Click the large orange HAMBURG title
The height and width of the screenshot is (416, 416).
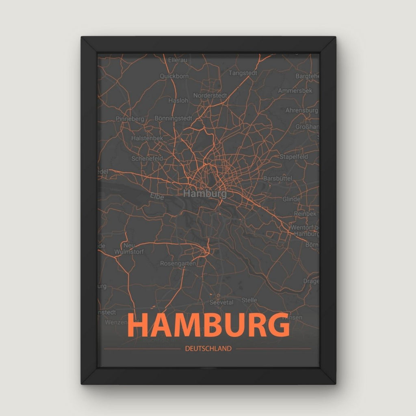[x=208, y=325]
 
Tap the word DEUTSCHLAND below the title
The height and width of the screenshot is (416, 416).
[x=208, y=349]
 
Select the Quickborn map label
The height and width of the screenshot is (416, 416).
[x=174, y=76]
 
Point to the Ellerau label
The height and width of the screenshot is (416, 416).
[x=178, y=60]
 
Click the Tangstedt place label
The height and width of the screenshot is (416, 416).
[x=243, y=73]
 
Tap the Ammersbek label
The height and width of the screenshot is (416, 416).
[x=295, y=91]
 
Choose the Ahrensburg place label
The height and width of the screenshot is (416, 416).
[x=301, y=110]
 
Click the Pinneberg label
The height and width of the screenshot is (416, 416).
[x=130, y=119]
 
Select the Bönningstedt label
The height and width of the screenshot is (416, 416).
[x=173, y=118]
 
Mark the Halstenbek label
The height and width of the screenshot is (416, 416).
[x=147, y=138]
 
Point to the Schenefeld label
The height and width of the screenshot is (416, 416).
[x=147, y=158]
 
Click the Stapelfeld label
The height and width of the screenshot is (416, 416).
[x=294, y=156]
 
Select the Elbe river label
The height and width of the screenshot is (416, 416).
[x=157, y=197]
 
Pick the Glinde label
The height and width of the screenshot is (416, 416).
[x=291, y=199]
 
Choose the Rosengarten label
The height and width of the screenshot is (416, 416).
[x=178, y=263]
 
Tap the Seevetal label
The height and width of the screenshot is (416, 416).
[x=220, y=302]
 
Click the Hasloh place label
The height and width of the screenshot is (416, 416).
[x=178, y=100]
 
